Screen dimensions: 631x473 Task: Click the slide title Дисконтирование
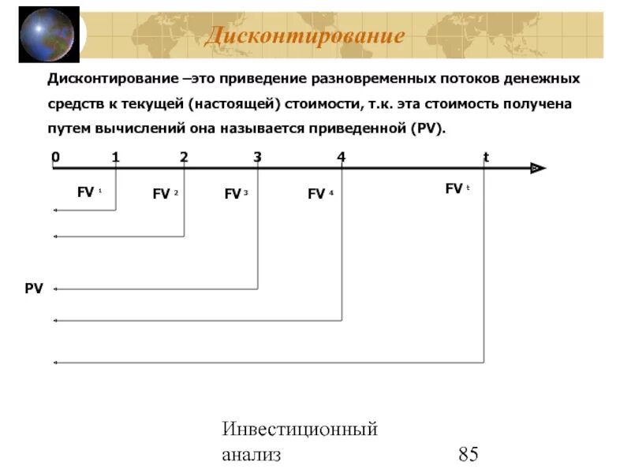click(x=304, y=36)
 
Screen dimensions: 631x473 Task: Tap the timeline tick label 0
click(x=55, y=156)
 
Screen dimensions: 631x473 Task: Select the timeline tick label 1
click(x=115, y=156)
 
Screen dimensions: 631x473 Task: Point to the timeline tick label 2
click(x=184, y=156)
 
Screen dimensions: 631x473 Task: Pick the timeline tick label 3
click(x=257, y=156)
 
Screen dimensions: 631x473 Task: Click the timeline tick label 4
click(x=341, y=156)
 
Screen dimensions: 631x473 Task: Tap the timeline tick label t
click(x=486, y=156)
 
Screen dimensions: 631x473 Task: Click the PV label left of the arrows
click(x=33, y=289)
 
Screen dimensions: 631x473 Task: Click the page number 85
click(x=468, y=454)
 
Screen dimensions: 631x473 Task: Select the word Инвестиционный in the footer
click(x=300, y=429)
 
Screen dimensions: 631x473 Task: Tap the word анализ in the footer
click(x=250, y=455)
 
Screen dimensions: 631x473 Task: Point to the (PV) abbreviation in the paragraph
click(x=428, y=128)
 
